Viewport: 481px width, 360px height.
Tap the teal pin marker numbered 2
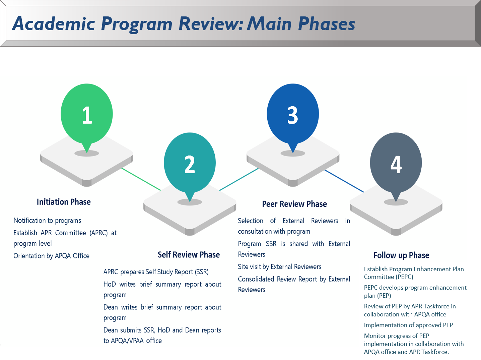click(x=190, y=164)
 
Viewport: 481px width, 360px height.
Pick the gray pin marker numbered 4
click(x=396, y=164)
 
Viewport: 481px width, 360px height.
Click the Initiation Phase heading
click(x=64, y=202)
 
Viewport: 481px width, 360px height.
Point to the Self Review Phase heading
click(x=189, y=255)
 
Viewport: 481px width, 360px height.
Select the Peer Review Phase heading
click(x=294, y=204)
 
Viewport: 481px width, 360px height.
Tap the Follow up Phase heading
click(x=401, y=255)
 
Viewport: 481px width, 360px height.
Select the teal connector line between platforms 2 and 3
click(x=239, y=179)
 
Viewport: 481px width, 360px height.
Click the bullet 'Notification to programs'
click(x=47, y=221)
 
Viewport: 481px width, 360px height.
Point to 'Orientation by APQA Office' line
click(x=51, y=256)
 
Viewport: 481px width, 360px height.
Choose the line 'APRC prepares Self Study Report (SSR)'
click(x=156, y=272)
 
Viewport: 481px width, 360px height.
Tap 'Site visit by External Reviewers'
click(x=279, y=267)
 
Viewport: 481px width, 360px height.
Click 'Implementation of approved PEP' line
click(x=408, y=325)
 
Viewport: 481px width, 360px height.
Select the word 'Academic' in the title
click(x=54, y=24)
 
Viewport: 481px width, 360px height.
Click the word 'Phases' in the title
click(x=327, y=24)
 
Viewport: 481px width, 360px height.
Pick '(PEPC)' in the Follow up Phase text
click(x=405, y=277)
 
